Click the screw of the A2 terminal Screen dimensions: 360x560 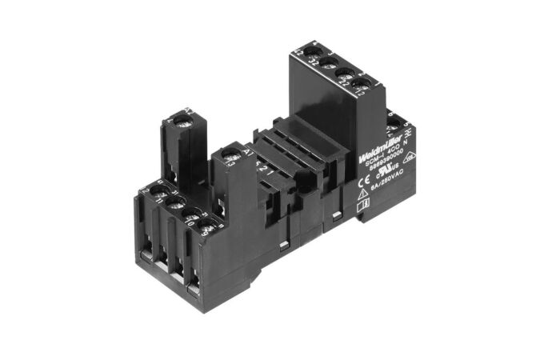182,120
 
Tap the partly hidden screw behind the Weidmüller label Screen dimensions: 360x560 394,122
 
